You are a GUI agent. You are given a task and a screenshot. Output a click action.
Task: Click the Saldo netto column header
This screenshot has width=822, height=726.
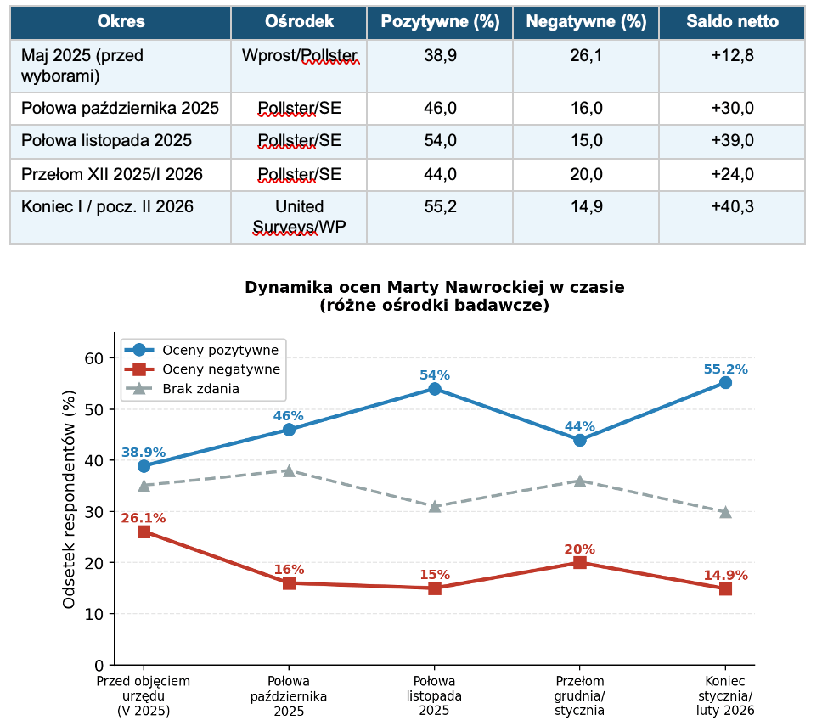point(732,22)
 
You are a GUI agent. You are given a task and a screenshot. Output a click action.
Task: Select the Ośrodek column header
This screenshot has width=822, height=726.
point(299,22)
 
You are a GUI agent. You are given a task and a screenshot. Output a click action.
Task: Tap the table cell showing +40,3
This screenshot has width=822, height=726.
point(732,206)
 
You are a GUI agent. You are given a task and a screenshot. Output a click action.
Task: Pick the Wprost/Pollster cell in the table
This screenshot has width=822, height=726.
point(299,57)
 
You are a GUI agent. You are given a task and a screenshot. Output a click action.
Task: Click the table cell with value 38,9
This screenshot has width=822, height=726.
point(440,57)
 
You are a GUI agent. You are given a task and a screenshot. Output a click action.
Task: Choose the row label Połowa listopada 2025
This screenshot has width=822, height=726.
point(107,141)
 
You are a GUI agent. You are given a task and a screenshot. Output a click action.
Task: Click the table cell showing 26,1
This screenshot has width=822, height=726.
point(586,57)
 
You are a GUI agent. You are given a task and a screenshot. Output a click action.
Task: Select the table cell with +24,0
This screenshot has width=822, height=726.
point(732,174)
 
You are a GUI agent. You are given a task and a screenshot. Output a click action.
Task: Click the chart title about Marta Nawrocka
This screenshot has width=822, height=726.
point(434,296)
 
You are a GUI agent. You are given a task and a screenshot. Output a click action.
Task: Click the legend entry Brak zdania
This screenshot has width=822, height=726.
point(200,389)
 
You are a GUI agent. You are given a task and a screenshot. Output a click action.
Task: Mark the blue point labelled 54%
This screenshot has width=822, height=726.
point(435,389)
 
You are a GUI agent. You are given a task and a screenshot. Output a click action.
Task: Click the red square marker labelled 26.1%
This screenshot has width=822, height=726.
point(144,532)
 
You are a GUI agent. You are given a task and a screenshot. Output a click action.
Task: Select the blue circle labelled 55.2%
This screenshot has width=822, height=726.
point(725,383)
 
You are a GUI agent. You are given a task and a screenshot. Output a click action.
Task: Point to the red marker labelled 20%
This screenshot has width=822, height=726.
point(580,562)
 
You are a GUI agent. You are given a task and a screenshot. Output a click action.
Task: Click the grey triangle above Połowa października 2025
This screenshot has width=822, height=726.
point(289,470)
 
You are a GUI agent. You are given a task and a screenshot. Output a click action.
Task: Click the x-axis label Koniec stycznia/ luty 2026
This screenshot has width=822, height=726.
point(725,695)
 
